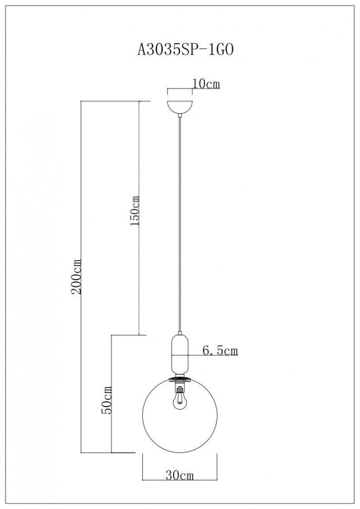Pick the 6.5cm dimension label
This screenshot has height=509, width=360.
pos(219,351)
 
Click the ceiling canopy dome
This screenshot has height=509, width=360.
pos(180,105)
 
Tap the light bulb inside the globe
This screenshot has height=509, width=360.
pos(180,401)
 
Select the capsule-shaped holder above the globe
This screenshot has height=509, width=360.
pos(180,352)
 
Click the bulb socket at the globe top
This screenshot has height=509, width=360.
pos(180,388)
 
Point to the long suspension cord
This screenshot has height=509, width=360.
pos(180,220)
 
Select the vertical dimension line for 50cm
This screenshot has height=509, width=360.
pos(112,430)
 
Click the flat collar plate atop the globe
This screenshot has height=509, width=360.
pos(180,379)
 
